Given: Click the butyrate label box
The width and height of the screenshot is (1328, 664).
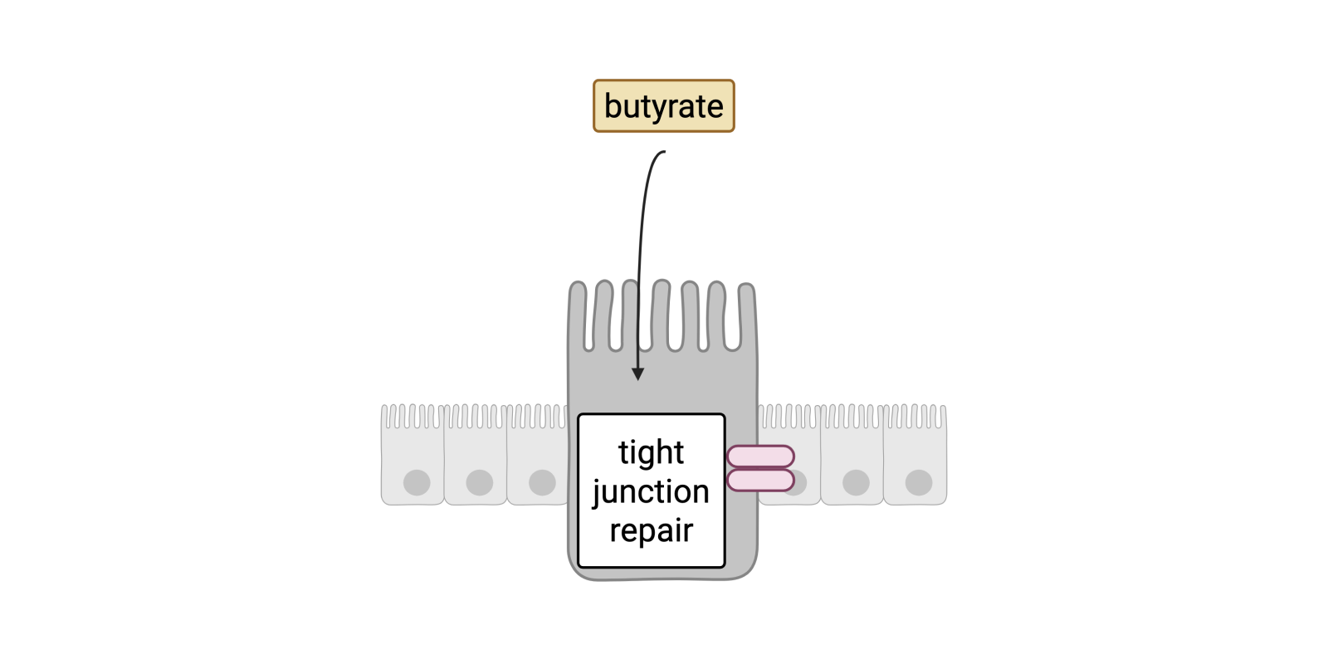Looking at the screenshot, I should click(663, 105).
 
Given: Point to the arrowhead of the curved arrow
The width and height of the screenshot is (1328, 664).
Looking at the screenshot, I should click(637, 373).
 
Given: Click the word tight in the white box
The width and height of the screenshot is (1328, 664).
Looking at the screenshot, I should click(651, 452).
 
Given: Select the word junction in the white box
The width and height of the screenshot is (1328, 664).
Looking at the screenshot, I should click(651, 491).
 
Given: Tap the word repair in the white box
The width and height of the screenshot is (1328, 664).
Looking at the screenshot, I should click(651, 530).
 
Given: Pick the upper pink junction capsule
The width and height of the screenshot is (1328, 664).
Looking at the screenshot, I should click(760, 456).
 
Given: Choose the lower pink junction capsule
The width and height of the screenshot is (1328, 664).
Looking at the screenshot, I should click(760, 480).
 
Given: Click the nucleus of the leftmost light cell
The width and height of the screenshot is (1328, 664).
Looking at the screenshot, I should click(417, 482).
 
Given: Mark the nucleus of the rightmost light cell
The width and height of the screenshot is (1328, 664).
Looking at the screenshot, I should click(919, 482).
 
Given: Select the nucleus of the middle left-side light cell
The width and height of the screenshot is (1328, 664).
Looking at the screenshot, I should click(480, 482).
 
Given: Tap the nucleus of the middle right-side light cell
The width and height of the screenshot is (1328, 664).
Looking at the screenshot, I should click(856, 482).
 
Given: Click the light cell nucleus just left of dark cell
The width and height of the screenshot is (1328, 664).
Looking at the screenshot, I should click(542, 482).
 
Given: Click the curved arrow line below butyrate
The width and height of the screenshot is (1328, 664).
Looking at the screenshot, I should click(643, 232).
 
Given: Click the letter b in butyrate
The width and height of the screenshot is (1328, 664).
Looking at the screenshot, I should click(613, 105).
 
